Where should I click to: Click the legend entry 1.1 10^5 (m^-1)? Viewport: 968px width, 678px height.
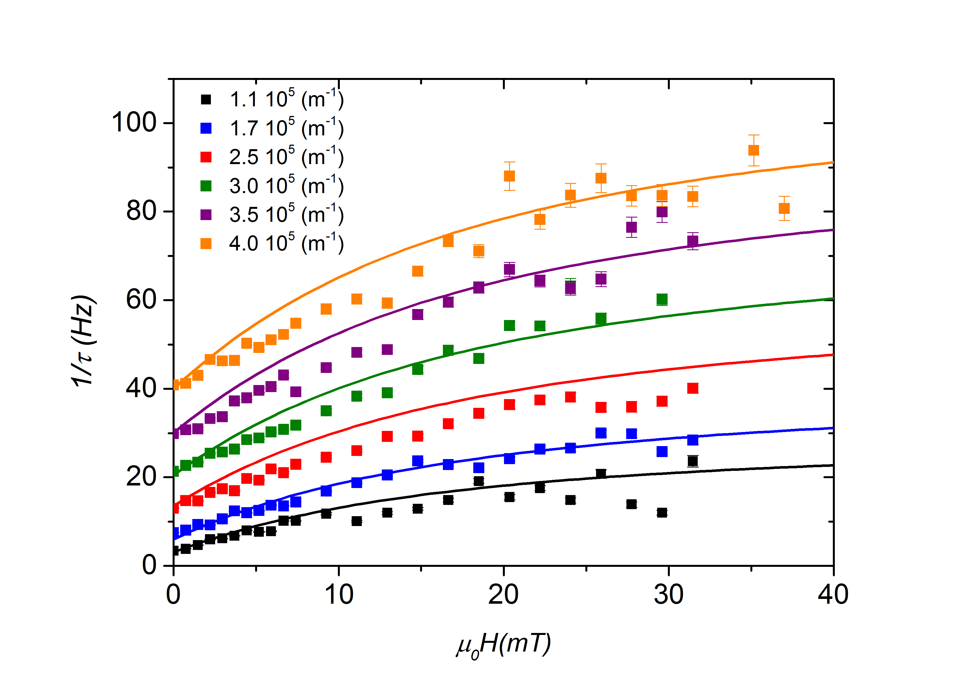click(286, 99)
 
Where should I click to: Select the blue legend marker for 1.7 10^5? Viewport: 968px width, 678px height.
click(206, 128)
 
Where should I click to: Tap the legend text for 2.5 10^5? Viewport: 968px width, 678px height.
click(286, 157)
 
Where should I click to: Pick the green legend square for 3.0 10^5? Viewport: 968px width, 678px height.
click(206, 186)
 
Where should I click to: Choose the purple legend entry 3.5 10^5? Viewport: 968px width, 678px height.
click(286, 214)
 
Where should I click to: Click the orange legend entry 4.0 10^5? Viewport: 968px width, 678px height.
click(286, 243)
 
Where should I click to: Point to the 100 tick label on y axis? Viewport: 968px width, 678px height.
click(134, 123)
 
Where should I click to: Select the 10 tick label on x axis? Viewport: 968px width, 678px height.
click(338, 595)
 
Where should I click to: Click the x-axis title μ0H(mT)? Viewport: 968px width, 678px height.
click(503, 645)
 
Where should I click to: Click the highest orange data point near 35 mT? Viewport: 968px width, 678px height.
click(753, 151)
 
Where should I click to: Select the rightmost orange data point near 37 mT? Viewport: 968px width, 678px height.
click(784, 208)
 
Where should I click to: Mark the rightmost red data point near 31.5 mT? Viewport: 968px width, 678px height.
click(693, 388)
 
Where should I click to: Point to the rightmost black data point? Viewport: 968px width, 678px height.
click(693, 461)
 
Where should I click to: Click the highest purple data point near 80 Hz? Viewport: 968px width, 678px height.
click(662, 212)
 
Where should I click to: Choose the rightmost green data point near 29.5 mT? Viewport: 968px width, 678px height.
click(662, 300)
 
